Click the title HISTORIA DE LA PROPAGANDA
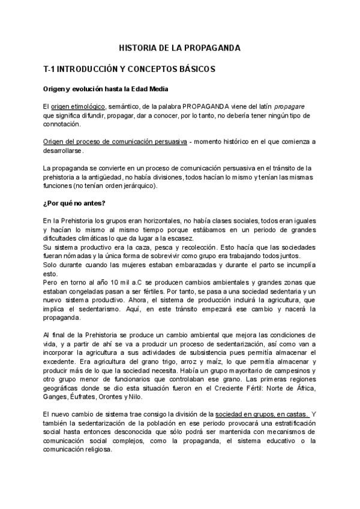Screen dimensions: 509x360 pos(180,47)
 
